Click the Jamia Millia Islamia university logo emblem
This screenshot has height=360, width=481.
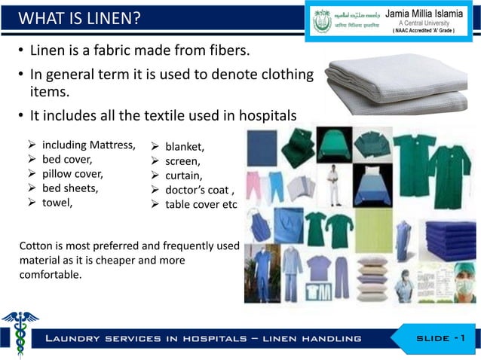(322, 21)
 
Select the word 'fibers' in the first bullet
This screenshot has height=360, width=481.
(223, 53)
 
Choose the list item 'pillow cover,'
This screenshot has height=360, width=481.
(72, 174)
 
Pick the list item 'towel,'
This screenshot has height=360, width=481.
(57, 202)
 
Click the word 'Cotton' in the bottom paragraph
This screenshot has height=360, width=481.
(36, 247)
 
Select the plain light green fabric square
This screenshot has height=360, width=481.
(373, 230)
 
